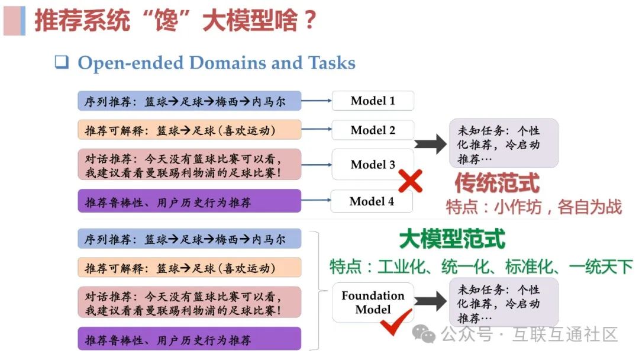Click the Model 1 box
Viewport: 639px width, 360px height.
[x=373, y=101]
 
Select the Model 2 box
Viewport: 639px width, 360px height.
[x=373, y=130]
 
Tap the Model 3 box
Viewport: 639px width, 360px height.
[x=373, y=165]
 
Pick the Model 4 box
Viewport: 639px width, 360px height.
[x=372, y=201]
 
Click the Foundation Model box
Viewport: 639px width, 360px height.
[x=373, y=303]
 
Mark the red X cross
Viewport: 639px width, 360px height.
[x=410, y=181]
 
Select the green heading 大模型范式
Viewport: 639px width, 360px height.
[x=452, y=239]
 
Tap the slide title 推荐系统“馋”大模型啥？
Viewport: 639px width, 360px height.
[x=175, y=21]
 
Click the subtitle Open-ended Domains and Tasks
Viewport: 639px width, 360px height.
[x=217, y=63]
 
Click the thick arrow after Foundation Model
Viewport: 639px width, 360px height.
[x=430, y=301]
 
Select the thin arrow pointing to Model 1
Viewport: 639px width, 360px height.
[x=317, y=101]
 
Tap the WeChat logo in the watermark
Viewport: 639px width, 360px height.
[x=424, y=335]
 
